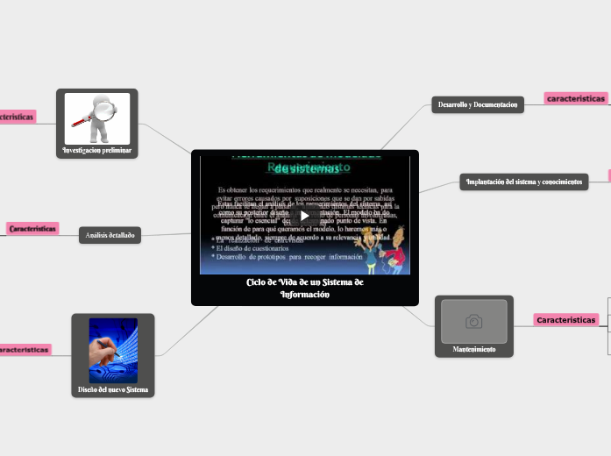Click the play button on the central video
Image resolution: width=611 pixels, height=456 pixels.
tap(304, 216)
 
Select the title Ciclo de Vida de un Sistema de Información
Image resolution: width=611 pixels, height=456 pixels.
tap(304, 289)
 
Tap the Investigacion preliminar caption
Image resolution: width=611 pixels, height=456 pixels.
tap(96, 150)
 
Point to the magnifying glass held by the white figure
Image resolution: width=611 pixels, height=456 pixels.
tap(104, 110)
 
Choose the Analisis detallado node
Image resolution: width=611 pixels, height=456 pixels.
tap(110, 235)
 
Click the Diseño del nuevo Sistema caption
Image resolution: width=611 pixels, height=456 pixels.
tap(112, 388)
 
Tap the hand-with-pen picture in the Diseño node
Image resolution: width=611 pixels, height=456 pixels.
tap(113, 350)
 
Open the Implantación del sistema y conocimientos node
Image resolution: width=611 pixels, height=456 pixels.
tap(523, 182)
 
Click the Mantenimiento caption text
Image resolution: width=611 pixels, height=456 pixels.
tap(473, 349)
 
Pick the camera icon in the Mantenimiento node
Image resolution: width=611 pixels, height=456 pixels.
tap(474, 322)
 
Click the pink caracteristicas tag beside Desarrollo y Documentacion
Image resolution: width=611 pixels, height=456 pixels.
tap(576, 99)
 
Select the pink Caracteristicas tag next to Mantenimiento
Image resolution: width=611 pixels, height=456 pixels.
tap(565, 320)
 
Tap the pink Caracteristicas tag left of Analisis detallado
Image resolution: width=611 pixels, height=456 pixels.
tap(32, 228)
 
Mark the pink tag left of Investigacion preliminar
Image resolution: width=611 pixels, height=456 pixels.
tap(16, 116)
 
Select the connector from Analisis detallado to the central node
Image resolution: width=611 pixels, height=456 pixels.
tap(166, 234)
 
